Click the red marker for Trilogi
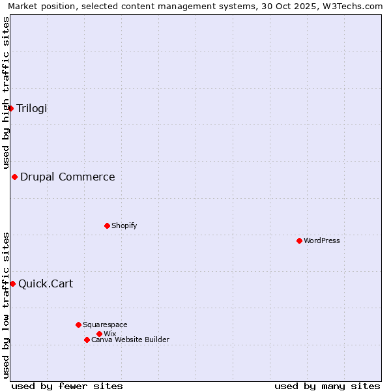pyautogui.click(x=11, y=108)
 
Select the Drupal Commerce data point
pyautogui.click(x=14, y=177)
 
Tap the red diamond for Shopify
pyautogui.click(x=107, y=225)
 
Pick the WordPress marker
pyautogui.click(x=299, y=240)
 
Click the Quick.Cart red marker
pyautogui.click(x=12, y=283)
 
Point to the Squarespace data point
pyautogui.click(x=78, y=325)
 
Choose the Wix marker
pyautogui.click(x=99, y=334)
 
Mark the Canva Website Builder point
pyautogui.click(x=87, y=340)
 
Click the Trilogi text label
pyautogui.click(x=32, y=108)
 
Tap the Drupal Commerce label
pyautogui.click(x=68, y=177)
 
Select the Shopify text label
pyautogui.click(x=124, y=225)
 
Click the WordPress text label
pyautogui.click(x=322, y=240)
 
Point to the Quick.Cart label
pyautogui.click(x=46, y=283)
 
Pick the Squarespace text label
pyautogui.click(x=105, y=325)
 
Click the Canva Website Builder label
pyautogui.click(x=130, y=340)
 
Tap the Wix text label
pyautogui.click(x=109, y=334)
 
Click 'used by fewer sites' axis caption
pyautogui.click(x=67, y=386)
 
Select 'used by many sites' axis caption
pyautogui.click(x=327, y=386)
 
